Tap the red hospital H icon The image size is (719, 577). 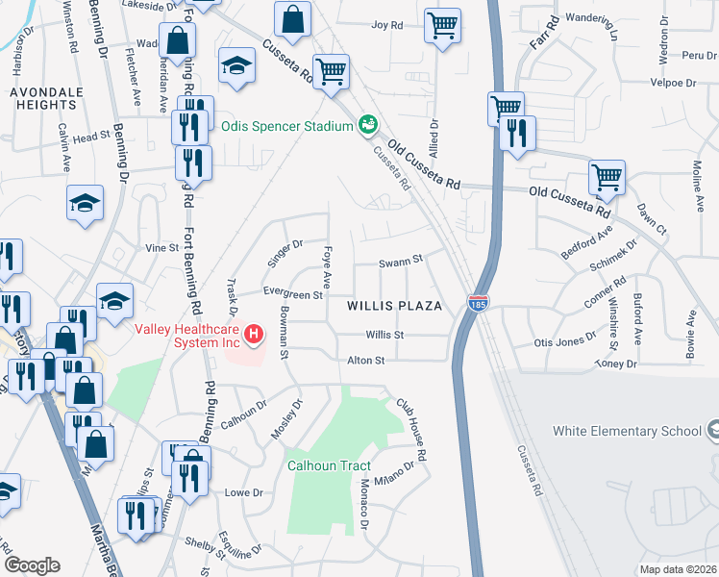(254, 334)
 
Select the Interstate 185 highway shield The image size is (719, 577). (478, 302)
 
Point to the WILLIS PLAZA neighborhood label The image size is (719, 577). (394, 306)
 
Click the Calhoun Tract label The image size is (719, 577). (329, 465)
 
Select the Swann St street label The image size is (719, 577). (401, 261)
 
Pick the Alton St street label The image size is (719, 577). (365, 360)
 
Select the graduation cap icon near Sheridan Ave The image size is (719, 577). (234, 66)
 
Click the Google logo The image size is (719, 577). (32, 564)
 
